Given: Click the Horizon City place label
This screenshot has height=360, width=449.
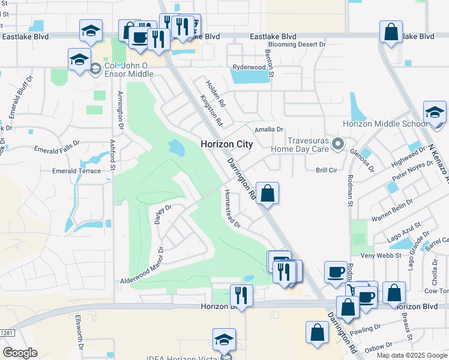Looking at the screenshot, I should (226, 145).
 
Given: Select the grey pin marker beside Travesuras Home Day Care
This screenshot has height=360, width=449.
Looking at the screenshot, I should (337, 143).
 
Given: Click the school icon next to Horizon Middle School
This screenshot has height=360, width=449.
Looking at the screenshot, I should (435, 112).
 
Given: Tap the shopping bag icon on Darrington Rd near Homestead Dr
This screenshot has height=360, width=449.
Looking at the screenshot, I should (268, 194).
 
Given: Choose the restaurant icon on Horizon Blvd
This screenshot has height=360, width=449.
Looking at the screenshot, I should (241, 295).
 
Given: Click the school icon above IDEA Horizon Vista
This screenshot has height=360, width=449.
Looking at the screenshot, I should (224, 339).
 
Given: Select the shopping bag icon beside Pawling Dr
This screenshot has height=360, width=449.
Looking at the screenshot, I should (317, 332).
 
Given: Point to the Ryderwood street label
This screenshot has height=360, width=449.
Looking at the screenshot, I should (249, 67).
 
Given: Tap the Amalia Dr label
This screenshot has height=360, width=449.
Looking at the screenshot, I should (268, 129).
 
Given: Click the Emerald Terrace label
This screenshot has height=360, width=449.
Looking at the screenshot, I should (76, 171).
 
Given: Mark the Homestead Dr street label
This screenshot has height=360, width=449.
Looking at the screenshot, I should (232, 209).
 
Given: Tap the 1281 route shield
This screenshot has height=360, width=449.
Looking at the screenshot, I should (6, 333).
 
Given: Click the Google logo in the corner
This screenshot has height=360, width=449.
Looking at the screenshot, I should (20, 353).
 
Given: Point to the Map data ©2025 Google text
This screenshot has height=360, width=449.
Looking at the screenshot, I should (411, 355).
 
